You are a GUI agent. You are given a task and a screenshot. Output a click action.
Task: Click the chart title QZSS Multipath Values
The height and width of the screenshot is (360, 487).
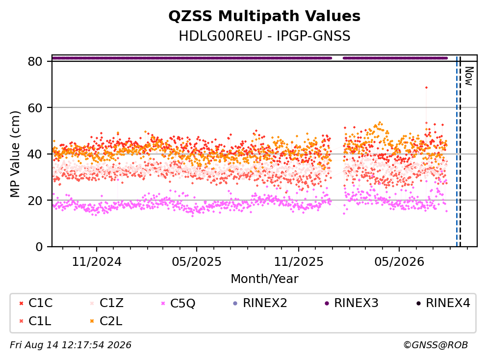coord(264,16)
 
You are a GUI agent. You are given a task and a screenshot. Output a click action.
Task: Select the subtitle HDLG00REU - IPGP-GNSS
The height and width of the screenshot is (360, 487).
coord(264,36)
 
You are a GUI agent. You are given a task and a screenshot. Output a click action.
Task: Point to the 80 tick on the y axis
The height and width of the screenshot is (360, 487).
coord(35,61)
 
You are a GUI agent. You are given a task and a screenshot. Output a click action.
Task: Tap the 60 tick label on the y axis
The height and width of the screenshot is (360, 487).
coord(35,108)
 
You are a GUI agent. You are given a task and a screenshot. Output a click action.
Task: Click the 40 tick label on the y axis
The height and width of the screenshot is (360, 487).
coord(35,154)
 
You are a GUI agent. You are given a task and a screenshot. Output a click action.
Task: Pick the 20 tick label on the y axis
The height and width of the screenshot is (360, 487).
coord(35,200)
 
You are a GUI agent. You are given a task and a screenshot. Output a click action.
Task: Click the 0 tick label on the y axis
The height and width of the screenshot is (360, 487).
coord(39,247)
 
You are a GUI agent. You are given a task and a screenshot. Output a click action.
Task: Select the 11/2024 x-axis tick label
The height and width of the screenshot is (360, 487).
coord(97,262)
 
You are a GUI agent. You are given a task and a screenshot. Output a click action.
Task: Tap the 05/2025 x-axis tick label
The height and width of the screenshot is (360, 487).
coord(197,262)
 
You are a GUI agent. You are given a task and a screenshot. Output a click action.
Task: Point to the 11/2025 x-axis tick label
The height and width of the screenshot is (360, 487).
coord(299,262)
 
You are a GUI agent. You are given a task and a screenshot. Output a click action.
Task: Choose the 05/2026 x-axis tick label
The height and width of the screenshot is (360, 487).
coord(399,262)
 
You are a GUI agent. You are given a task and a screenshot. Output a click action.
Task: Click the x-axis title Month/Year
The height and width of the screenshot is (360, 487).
coord(264,279)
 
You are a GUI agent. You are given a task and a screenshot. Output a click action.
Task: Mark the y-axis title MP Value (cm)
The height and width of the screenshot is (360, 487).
coord(15,154)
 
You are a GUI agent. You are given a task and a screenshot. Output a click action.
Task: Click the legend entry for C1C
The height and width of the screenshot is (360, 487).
coord(36,303)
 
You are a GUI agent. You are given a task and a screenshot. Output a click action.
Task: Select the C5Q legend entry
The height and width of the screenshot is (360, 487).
coord(178,303)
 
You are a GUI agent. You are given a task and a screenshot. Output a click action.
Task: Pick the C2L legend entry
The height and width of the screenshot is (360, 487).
coord(106,321)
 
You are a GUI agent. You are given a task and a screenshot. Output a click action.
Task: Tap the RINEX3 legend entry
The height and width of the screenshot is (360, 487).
coord(351,303)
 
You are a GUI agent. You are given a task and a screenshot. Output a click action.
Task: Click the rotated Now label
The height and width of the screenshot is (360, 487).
coord(469,76)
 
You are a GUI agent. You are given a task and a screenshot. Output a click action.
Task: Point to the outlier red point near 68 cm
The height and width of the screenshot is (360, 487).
coord(427,88)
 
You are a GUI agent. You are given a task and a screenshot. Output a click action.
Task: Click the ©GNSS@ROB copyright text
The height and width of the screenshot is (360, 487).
coord(436,345)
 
